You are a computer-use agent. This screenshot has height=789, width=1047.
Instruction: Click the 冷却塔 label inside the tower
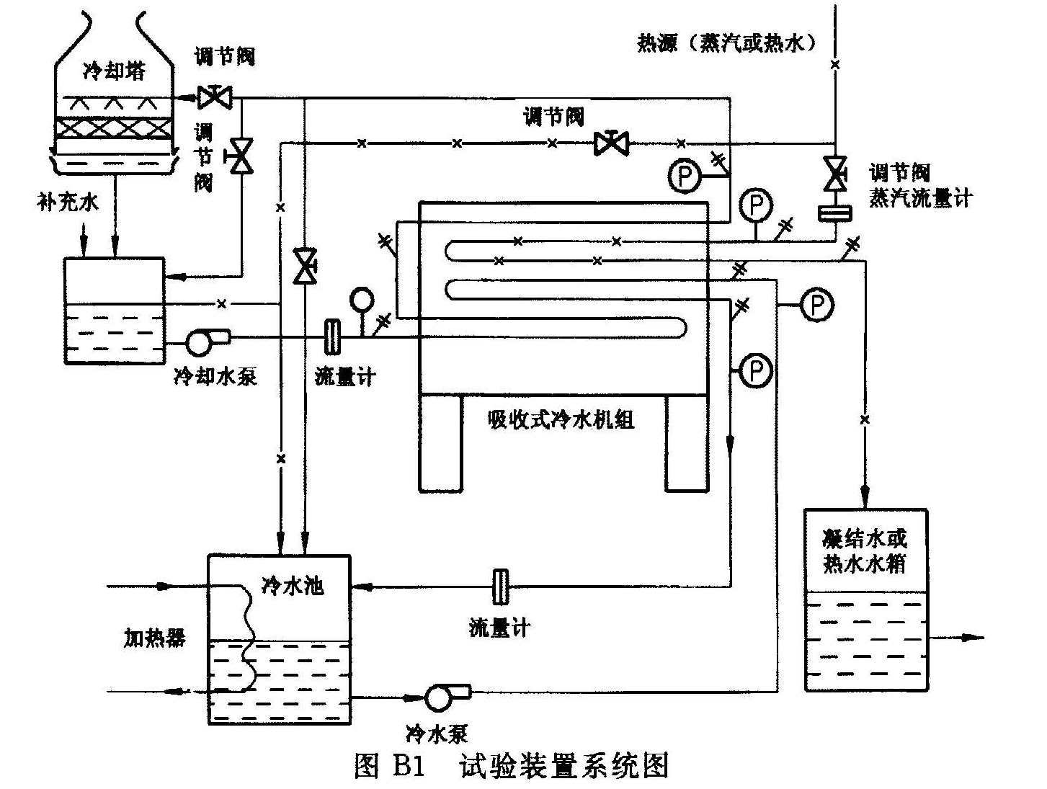click(114, 71)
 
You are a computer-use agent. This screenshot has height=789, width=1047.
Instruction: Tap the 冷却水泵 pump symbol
click(200, 342)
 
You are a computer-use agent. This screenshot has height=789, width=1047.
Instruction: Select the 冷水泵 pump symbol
click(439, 697)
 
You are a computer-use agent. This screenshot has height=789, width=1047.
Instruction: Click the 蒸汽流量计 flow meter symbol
click(835, 213)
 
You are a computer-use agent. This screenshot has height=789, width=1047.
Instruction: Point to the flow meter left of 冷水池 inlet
click(499, 587)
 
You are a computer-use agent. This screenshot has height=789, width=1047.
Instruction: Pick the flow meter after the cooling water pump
click(332, 336)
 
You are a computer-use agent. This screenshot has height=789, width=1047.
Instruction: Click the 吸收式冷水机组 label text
click(561, 419)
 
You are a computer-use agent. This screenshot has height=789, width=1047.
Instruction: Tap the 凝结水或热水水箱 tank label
click(864, 551)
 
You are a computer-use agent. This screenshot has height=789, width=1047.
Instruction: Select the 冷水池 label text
click(293, 585)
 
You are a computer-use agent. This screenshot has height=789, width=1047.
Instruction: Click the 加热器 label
click(155, 638)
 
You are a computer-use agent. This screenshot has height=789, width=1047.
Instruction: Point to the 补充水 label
click(68, 202)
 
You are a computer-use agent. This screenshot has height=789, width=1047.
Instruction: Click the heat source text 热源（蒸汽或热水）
click(728, 43)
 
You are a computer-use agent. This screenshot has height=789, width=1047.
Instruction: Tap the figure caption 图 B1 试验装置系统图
click(512, 766)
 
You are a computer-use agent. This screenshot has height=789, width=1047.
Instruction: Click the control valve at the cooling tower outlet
click(214, 96)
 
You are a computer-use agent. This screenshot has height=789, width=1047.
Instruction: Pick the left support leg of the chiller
click(440, 443)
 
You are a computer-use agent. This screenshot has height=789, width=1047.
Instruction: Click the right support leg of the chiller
click(687, 443)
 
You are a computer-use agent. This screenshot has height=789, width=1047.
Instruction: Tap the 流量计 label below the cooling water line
click(345, 376)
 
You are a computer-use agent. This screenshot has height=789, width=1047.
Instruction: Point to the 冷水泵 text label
click(437, 734)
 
